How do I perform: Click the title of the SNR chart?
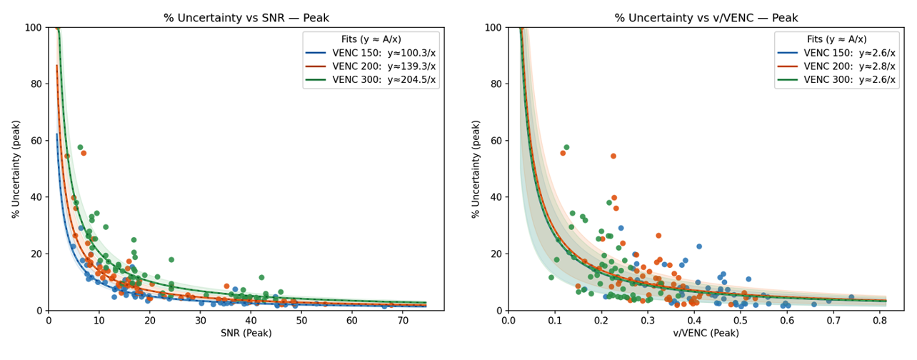246,18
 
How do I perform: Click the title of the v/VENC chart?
706,18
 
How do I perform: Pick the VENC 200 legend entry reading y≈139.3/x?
371,66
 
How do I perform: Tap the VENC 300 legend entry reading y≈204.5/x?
371,80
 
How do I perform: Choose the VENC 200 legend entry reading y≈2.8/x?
836,66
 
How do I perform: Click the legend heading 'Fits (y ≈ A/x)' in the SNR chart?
371,39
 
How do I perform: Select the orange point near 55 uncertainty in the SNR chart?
84,153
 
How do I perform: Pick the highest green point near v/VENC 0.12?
566,148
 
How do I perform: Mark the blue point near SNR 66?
384,306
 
